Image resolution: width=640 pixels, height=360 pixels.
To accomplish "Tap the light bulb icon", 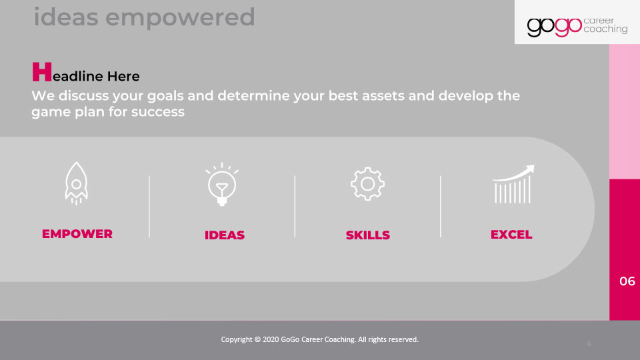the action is (x=222, y=185).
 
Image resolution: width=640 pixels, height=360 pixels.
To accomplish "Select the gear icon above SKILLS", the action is (x=367, y=184).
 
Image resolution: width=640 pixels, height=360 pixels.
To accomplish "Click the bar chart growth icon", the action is (x=513, y=184).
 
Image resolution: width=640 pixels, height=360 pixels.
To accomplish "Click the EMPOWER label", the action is (x=77, y=234).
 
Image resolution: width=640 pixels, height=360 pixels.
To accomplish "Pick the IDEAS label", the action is (x=225, y=235).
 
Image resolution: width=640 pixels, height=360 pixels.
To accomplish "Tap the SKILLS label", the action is (x=368, y=235).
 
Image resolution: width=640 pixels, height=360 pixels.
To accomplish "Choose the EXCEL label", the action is (x=511, y=235).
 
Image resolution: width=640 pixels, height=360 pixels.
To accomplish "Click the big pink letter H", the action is (x=42, y=72).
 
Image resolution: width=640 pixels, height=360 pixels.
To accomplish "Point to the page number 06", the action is (x=627, y=281).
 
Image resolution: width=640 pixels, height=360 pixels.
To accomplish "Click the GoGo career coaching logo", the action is (x=577, y=26).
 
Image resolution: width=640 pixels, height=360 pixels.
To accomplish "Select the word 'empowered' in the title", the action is (x=181, y=18).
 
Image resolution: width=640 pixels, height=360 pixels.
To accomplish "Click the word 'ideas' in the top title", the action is (x=66, y=17).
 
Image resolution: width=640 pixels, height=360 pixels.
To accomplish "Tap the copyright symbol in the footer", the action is (x=257, y=339).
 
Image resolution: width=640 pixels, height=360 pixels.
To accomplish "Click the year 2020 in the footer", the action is (x=271, y=339).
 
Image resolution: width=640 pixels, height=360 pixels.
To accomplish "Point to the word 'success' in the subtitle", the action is (x=158, y=112).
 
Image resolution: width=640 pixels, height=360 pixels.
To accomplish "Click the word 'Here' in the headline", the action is (x=123, y=76).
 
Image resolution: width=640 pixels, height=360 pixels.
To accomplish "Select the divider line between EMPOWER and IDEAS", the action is (x=149, y=207).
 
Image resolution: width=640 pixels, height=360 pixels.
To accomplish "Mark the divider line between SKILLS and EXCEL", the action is (x=441, y=207).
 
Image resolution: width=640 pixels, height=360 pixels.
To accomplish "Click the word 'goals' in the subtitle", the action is (x=165, y=96).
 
